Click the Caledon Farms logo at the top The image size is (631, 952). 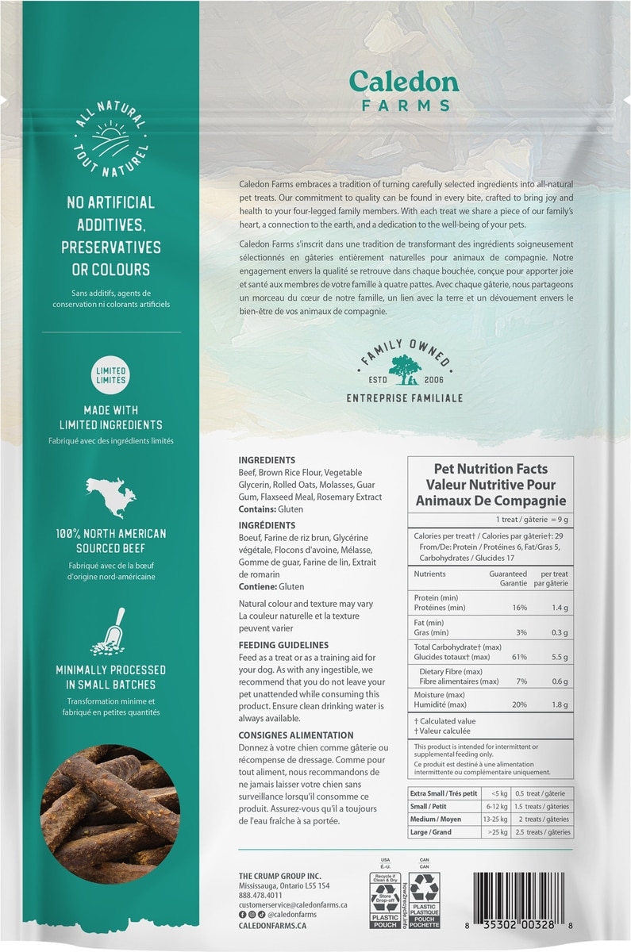(399, 90)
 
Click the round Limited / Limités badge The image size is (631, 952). (110, 375)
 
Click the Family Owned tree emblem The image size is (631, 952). (405, 367)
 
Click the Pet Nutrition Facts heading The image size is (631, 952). (491, 469)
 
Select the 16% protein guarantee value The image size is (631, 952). (519, 608)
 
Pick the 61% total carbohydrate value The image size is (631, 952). (519, 658)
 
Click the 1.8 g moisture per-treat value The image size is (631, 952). (560, 705)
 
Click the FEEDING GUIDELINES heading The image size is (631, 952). (283, 645)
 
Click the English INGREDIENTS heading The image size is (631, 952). (267, 460)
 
